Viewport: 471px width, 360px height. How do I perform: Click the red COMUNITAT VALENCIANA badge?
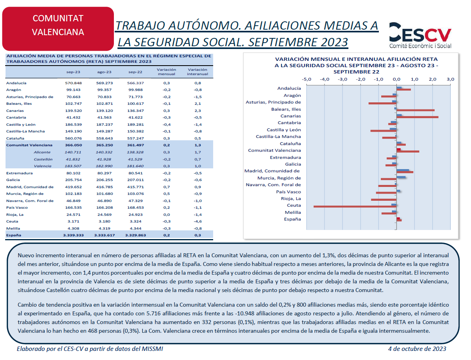[58, 29]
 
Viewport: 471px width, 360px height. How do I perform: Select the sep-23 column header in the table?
[73, 72]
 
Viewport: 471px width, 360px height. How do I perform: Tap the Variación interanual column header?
[198, 72]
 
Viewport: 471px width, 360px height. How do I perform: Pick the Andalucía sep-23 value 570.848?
[73, 83]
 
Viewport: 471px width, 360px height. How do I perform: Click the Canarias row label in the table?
[15, 111]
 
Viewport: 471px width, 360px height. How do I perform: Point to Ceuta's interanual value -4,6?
[198, 222]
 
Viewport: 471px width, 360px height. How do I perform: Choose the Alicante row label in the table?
[42, 152]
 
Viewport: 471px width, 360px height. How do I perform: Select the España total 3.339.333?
[73, 236]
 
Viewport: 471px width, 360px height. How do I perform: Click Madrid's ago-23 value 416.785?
[104, 187]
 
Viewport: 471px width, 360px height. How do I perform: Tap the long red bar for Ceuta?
[355, 207]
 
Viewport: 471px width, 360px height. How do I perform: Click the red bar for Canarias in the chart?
[418, 117]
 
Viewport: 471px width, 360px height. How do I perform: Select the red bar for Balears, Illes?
[415, 110]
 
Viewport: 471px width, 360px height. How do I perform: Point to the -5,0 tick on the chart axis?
[306, 79]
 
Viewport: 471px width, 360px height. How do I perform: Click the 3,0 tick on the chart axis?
[450, 79]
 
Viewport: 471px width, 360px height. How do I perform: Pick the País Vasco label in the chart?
[288, 192]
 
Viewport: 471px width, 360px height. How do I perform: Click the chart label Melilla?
[293, 213]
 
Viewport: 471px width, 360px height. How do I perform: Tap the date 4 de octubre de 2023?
[417, 349]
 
